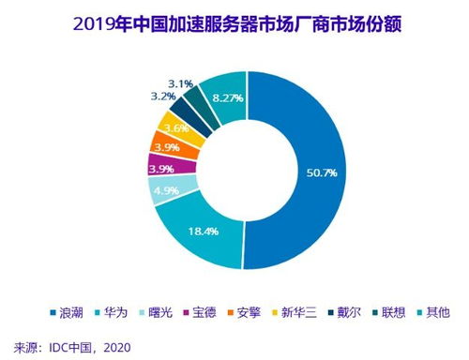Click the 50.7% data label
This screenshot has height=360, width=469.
click(x=346, y=174)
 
